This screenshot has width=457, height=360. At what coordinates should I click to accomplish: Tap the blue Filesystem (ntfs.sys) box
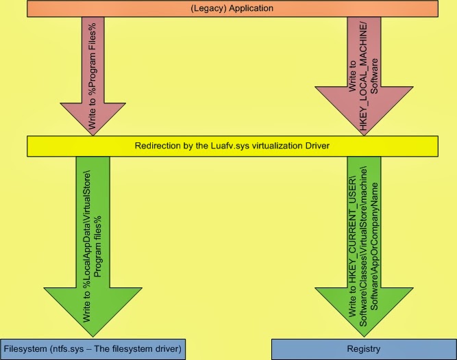tap(93, 348)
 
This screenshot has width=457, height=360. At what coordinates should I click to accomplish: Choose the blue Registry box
tap(363, 348)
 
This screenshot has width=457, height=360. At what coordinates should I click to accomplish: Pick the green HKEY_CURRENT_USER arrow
tap(362, 246)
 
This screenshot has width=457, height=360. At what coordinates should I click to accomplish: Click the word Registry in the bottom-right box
tap(363, 348)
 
